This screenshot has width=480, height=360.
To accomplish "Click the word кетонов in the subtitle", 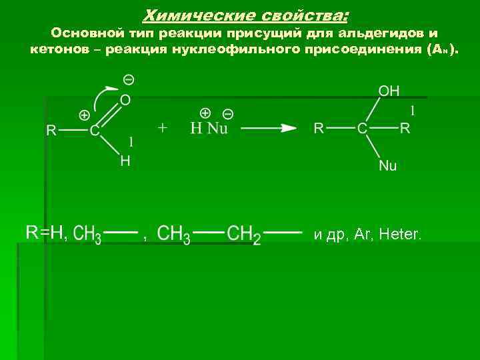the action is point(57,50).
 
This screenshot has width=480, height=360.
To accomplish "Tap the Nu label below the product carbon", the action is point(387,166).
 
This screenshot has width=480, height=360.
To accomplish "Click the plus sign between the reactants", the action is point(163,127).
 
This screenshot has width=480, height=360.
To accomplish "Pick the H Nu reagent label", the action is point(209,128).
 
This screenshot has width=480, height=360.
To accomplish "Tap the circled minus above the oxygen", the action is point(129,80).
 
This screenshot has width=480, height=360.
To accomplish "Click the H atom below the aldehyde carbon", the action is point(125,161).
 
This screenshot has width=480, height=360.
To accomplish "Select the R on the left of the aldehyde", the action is point(51,131).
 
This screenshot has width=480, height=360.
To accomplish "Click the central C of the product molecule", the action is point(362,128).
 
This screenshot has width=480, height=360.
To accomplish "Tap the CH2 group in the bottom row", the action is point(243,235).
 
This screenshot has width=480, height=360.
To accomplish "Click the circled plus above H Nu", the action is point(205,113).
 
